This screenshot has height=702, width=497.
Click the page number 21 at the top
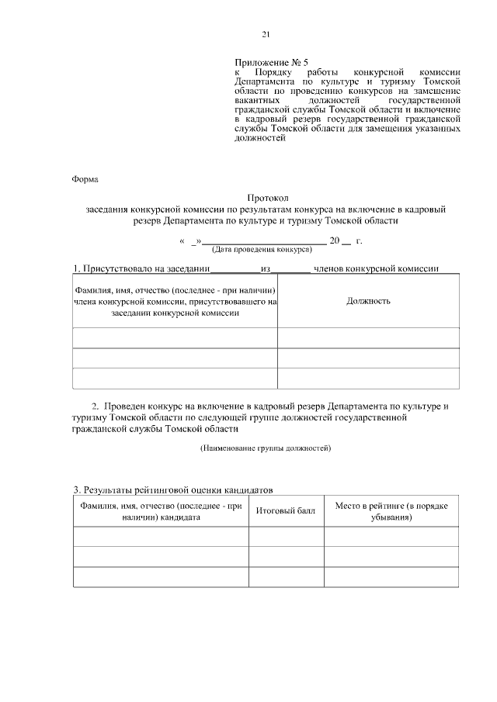266,35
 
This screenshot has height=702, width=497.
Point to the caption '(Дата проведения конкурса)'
262,250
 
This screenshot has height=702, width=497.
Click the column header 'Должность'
367,301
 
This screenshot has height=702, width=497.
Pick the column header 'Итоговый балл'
286,512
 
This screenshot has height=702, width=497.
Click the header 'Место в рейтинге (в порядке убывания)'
391,511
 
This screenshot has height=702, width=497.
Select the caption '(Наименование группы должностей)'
266,448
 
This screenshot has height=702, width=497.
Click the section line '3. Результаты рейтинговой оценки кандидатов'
172,490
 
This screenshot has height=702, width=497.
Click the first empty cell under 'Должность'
367,338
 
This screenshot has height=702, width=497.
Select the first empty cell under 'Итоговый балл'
286,537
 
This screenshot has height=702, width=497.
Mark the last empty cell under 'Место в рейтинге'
391,577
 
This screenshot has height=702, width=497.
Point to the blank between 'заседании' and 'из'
236,269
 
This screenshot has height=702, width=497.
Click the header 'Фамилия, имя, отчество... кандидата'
161,511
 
